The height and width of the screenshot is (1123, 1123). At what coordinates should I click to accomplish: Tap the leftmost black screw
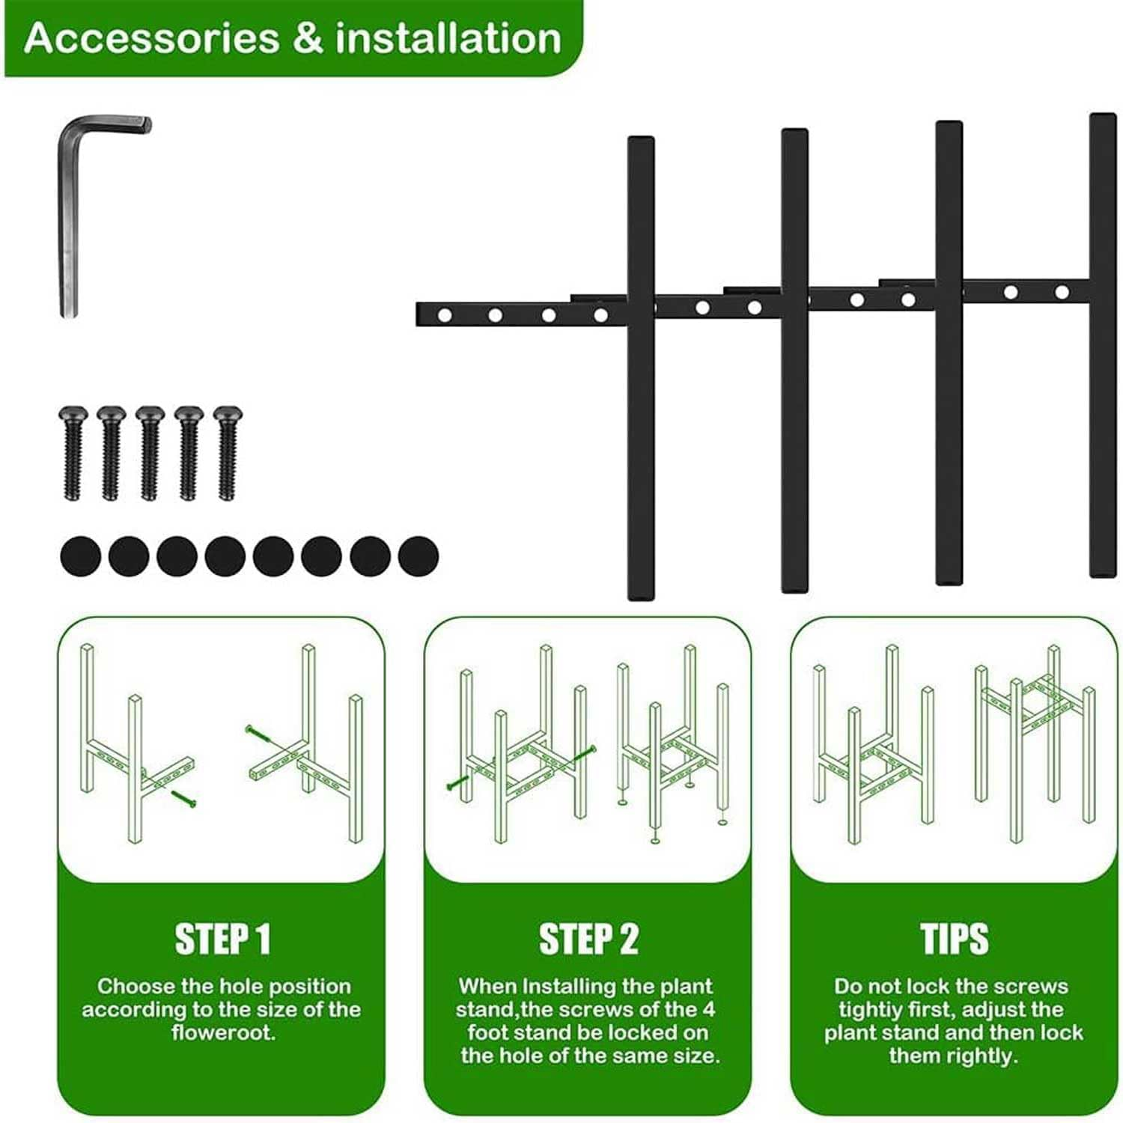pos(73,453)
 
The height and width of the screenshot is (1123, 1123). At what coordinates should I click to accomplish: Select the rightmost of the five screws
pos(227,453)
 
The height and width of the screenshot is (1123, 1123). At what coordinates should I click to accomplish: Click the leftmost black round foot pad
pos(80,556)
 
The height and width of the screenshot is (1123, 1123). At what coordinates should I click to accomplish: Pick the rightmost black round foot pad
pos(419,556)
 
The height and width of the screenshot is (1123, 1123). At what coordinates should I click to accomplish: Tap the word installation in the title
pos(448,38)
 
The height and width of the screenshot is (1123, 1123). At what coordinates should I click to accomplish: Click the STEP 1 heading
pos(222,939)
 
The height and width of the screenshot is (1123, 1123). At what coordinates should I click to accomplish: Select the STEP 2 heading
pos(588,939)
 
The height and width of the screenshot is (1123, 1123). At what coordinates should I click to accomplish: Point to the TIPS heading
pos(955,939)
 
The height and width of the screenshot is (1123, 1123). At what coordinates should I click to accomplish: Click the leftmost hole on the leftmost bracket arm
pos(444,315)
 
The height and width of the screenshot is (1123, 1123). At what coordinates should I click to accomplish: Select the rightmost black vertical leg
pos(1103,345)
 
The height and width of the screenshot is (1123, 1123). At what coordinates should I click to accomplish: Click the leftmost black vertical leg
pos(641,368)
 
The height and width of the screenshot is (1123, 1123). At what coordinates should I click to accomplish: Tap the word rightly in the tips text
pos(979,1056)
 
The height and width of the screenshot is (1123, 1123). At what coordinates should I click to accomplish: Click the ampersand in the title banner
pos(308,38)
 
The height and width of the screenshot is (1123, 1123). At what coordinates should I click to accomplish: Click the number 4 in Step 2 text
pos(708,1010)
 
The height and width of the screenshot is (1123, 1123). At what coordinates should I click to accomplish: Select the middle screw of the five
pos(150,453)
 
